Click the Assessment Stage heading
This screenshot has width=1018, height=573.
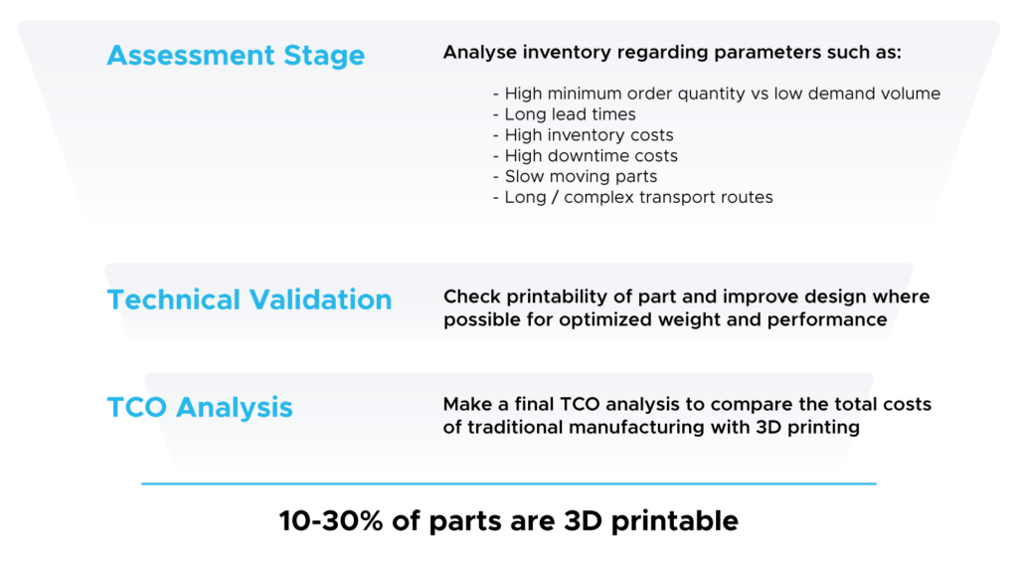click(x=236, y=56)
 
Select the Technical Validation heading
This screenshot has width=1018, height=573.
click(x=250, y=299)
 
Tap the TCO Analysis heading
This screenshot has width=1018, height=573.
click(x=200, y=408)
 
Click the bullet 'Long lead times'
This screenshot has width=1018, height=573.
click(x=565, y=114)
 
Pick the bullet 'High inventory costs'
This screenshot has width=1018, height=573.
click(x=583, y=135)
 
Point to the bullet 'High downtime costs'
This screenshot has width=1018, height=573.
click(x=585, y=156)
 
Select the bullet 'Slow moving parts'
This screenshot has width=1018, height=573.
click(x=576, y=177)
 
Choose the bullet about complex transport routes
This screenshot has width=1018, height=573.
click(x=633, y=198)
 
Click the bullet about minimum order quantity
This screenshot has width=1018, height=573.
click(x=717, y=94)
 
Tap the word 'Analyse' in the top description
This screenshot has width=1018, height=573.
click(x=480, y=53)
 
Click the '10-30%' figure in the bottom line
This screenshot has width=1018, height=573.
click(x=331, y=521)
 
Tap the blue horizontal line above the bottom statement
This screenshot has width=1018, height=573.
click(x=509, y=483)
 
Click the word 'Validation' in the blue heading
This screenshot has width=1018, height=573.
click(x=321, y=299)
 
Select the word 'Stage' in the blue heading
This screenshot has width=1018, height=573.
click(x=324, y=56)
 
